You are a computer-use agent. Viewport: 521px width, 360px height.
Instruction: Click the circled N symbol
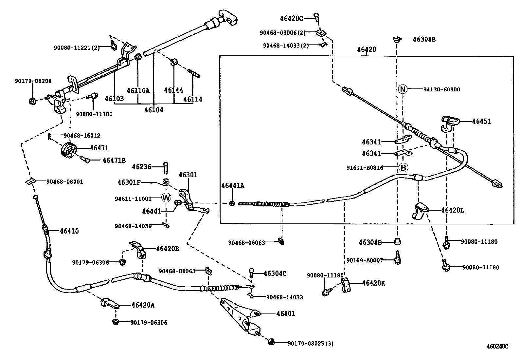(x=403, y=89)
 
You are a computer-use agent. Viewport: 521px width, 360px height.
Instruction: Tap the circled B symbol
(x=403, y=168)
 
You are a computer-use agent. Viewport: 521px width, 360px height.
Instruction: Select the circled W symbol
(x=167, y=198)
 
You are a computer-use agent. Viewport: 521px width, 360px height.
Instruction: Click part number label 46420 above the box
(x=367, y=49)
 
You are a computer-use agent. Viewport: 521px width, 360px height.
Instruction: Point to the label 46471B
(x=114, y=160)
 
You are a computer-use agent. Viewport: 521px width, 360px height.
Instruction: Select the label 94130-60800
(x=441, y=89)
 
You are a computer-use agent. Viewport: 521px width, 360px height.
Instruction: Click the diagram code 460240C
(x=497, y=346)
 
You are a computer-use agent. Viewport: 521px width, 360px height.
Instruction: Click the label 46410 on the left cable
(x=69, y=231)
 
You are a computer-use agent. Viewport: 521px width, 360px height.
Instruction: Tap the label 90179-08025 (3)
(x=310, y=343)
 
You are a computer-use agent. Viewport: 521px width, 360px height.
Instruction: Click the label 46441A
(x=233, y=186)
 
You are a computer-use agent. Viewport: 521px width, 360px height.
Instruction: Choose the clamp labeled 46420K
(x=346, y=285)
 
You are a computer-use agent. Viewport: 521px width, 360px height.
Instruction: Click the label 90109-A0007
(x=365, y=260)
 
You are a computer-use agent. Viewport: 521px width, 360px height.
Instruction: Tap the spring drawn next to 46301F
(x=166, y=181)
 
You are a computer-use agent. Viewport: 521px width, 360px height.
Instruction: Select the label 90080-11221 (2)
(x=77, y=47)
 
